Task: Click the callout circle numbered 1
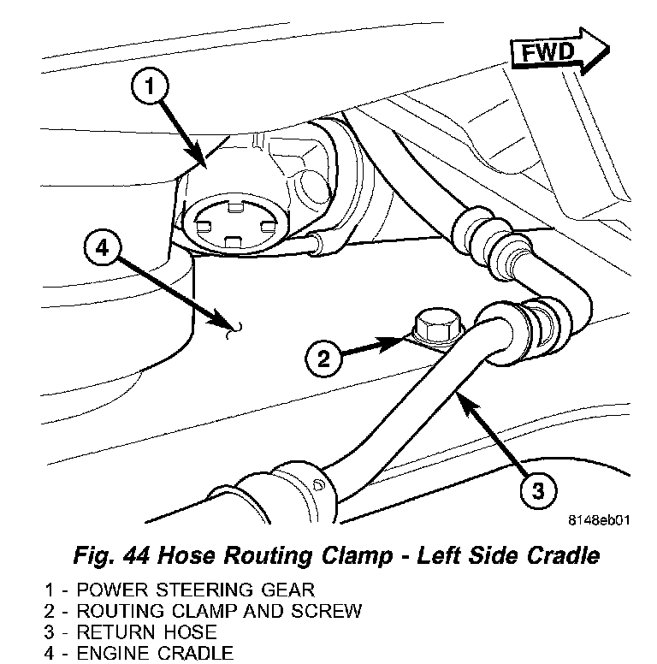(151, 86)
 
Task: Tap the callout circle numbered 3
(537, 491)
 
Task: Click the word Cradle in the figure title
(559, 556)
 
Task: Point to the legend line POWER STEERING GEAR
(181, 590)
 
